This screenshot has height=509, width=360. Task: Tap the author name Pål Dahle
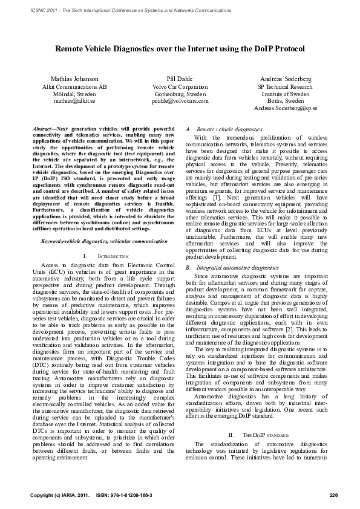coord(180,79)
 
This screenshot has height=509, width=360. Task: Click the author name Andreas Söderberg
coord(285,79)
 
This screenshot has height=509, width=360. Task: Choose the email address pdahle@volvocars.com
coord(180,102)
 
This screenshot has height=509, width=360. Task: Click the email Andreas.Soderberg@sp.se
coord(285,108)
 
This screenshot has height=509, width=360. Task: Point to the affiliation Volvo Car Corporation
coord(180,86)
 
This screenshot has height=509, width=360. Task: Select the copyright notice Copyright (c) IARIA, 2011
coord(59,495)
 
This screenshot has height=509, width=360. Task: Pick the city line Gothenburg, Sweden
coord(180,94)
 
